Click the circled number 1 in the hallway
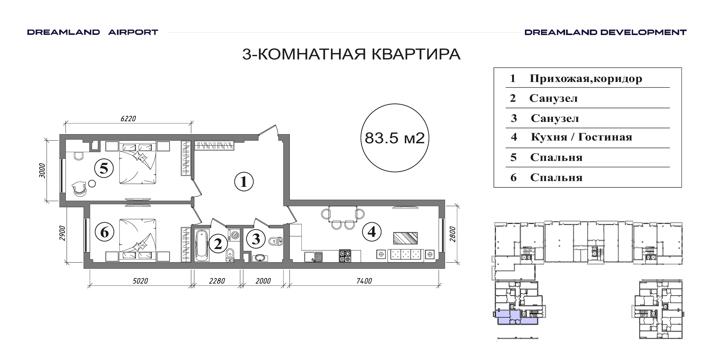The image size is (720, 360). point(244,182)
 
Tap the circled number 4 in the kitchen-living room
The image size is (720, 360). point(372,232)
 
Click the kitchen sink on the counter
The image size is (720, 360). point(313,256)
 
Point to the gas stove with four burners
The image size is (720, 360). point(345,256)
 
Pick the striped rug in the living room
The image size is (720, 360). point(405,238)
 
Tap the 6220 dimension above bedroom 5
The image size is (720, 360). point(128,119)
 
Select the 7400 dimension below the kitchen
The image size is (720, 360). point(364,281)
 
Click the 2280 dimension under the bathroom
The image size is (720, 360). point(217,281)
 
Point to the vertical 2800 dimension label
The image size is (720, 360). point(452,234)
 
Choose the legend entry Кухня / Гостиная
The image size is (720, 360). point(582,137)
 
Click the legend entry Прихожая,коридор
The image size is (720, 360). point(586,79)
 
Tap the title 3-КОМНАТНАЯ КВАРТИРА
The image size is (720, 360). point(351,54)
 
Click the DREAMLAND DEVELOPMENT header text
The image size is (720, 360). point(605,32)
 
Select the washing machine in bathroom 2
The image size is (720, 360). point(234,235)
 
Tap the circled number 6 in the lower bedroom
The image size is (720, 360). point(104,232)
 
